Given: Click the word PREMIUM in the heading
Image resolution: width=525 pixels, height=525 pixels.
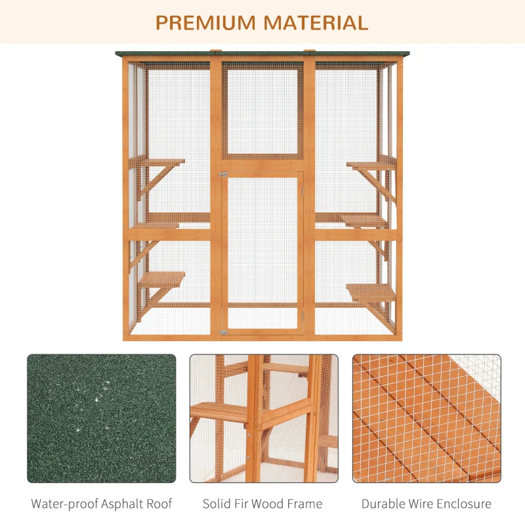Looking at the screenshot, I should (x=205, y=22).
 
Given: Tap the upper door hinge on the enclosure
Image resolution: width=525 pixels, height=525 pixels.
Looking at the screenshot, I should (x=223, y=174).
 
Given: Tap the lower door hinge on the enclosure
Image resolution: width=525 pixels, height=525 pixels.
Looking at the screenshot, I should (x=223, y=333).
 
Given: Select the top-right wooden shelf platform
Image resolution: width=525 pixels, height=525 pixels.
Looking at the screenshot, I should (x=371, y=164).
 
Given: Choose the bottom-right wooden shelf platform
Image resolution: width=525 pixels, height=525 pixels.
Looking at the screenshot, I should (x=371, y=289).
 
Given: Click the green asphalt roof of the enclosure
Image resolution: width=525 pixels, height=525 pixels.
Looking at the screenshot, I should (x=262, y=54).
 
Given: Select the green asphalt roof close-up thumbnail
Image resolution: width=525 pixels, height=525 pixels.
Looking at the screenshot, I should (x=102, y=419).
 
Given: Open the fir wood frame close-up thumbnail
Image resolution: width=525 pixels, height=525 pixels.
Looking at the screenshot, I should (x=264, y=419).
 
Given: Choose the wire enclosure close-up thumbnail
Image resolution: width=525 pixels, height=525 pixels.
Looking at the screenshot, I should (x=427, y=419).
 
